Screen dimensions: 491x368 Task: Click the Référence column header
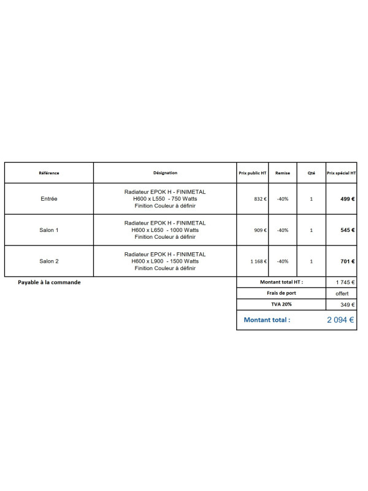[49, 173]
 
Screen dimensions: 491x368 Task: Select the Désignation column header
[165, 173]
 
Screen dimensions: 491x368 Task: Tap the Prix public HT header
[253, 173]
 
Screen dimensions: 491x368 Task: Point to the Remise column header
[283, 173]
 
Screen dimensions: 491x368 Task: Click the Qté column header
[312, 173]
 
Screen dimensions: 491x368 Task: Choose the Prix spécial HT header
[342, 173]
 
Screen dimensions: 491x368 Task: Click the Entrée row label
[49, 199]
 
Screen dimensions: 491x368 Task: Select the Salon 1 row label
[49, 230]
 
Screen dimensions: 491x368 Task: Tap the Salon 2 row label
[49, 261]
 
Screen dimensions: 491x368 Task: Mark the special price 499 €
[348, 199]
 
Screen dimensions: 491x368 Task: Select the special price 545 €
[348, 230]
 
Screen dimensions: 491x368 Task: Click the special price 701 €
[348, 261]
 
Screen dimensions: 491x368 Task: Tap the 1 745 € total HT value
[345, 282]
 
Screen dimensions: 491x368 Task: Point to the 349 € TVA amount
[348, 304]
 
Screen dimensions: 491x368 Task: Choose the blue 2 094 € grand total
[340, 320]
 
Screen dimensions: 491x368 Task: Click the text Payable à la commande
[49, 282]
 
